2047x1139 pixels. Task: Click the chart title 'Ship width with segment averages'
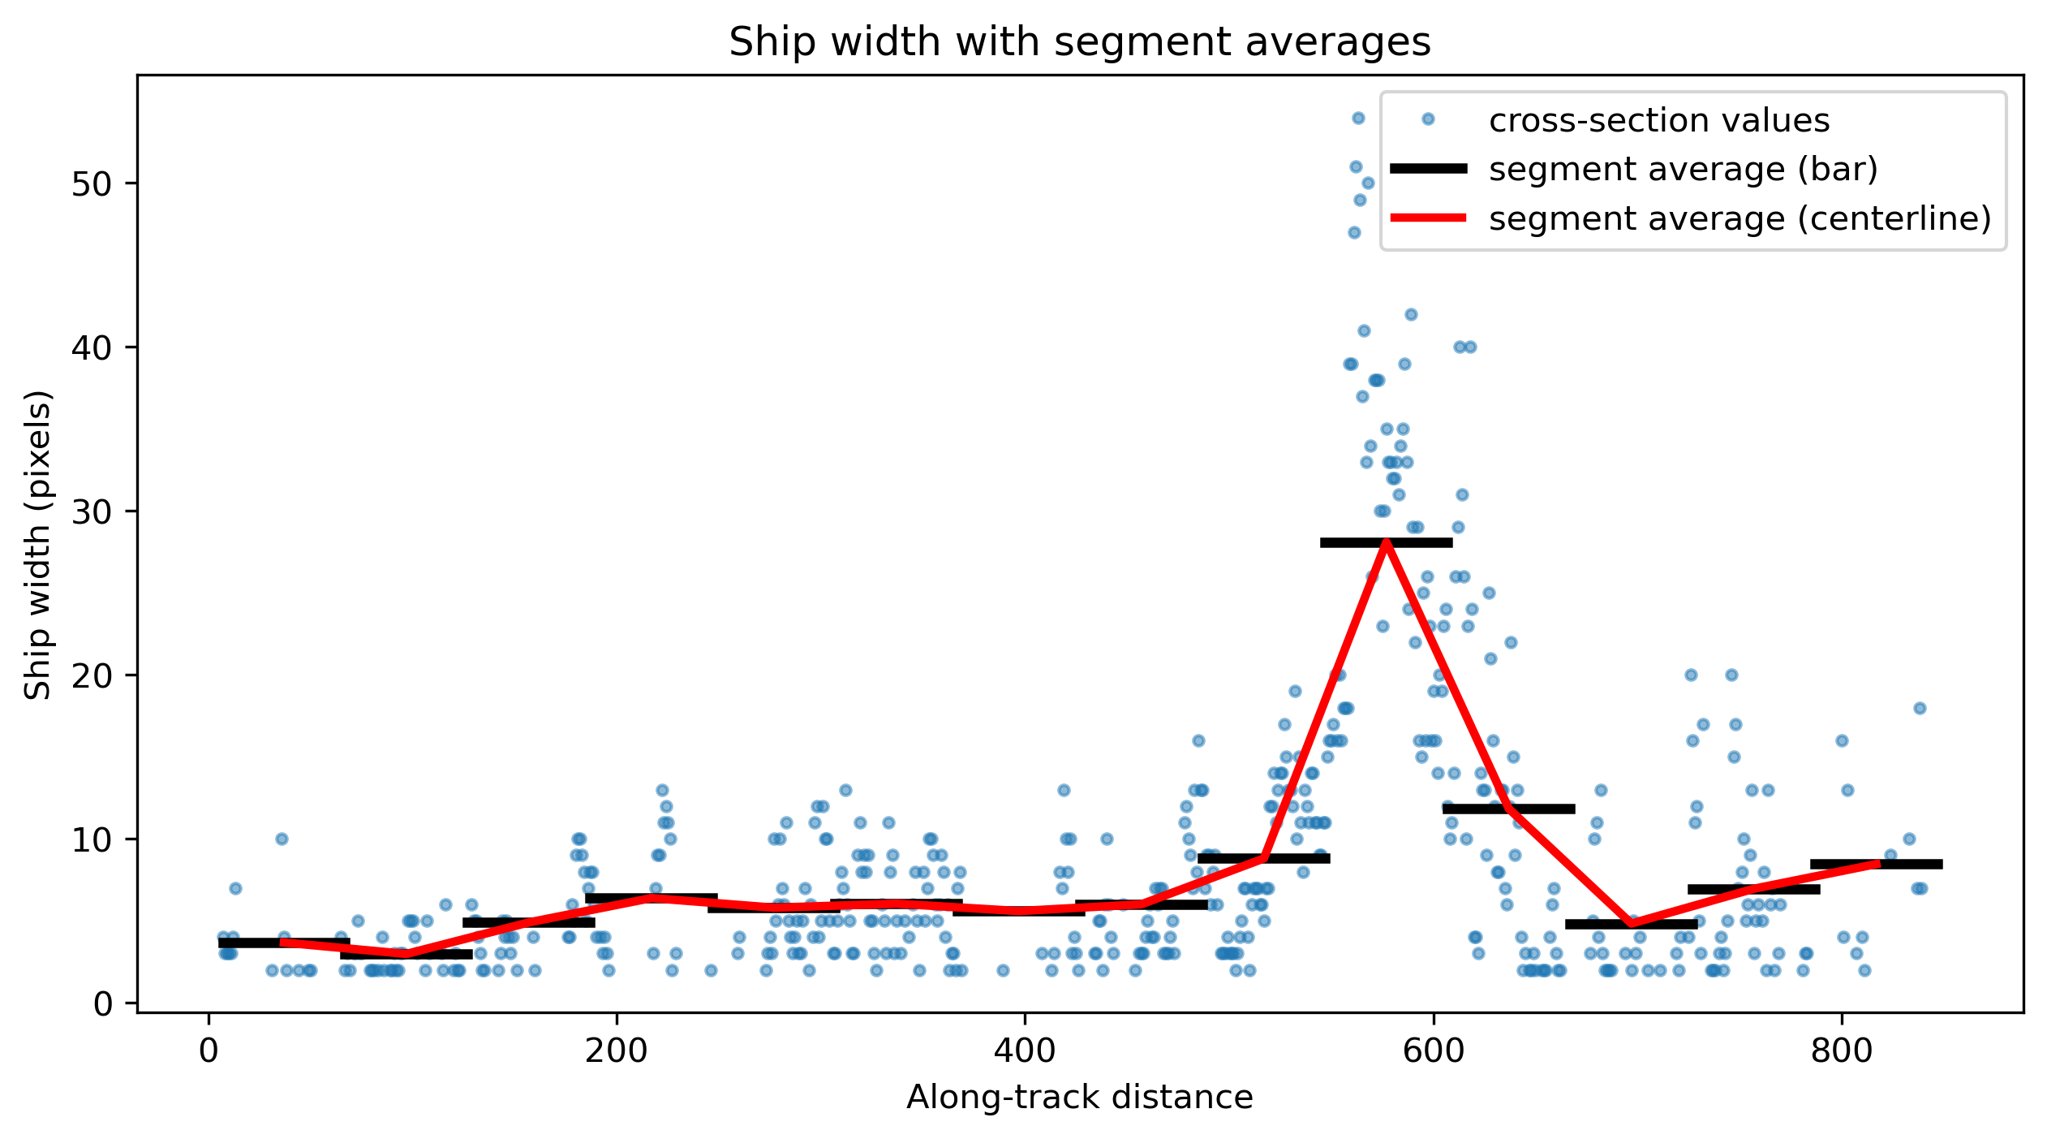1079,42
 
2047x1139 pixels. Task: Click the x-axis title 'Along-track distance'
1079,1098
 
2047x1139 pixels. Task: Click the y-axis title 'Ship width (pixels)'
37,544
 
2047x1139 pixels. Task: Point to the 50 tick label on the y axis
92,183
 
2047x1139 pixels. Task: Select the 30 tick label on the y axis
92,511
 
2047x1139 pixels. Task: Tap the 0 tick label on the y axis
103,1003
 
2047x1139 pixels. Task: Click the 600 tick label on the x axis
1433,1051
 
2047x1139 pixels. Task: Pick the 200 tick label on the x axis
617,1051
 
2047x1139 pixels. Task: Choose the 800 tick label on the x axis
1841,1051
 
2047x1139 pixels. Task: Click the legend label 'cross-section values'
1659,120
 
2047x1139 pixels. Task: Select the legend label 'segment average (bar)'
1684,169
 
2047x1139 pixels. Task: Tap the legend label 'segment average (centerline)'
1740,218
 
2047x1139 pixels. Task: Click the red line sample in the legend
1428,218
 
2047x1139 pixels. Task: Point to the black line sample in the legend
1428,168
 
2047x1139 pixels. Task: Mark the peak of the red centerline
1386,542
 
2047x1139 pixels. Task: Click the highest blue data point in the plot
1358,119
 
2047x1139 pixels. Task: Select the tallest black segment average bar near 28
1386,542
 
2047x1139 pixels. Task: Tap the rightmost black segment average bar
1876,864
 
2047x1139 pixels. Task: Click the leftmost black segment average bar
284,943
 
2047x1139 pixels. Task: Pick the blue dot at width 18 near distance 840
1920,709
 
